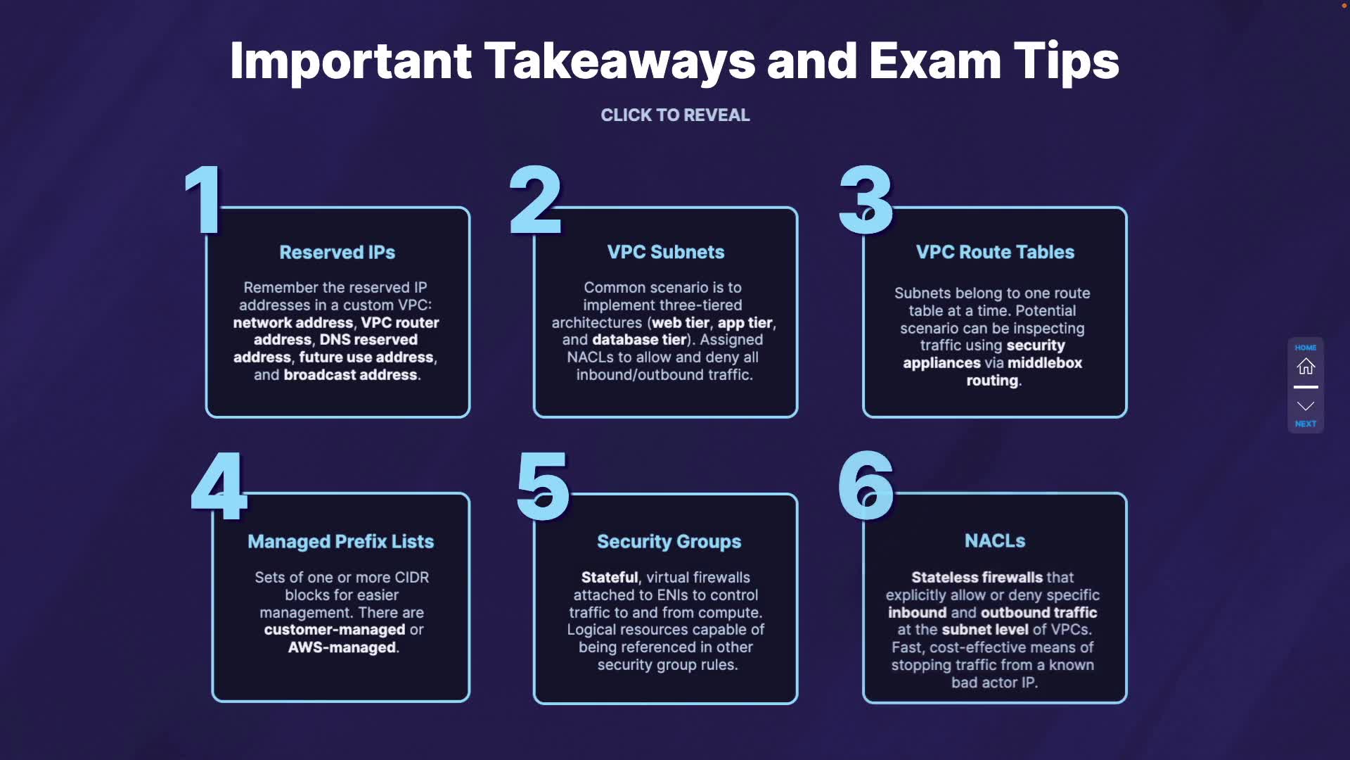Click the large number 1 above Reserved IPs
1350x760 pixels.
tap(204, 201)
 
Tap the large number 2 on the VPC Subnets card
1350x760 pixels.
tap(536, 201)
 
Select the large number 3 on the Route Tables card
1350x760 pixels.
tap(866, 201)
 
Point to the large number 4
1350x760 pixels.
tap(219, 486)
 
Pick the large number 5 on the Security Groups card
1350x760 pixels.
tap(543, 486)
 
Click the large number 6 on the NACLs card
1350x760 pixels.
tap(866, 486)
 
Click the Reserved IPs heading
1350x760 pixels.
tap(337, 253)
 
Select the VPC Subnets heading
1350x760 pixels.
tap(665, 253)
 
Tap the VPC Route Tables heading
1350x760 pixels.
tap(995, 253)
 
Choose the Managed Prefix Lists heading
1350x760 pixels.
tap(340, 542)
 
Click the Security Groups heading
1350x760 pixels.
tap(669, 542)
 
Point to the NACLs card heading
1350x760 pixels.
tap(995, 541)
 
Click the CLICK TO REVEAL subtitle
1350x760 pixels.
tap(675, 115)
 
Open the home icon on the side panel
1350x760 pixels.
tap(1306, 367)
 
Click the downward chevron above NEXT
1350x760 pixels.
tap(1306, 406)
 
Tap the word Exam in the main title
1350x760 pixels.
tap(934, 61)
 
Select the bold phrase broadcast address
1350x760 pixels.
tap(350, 375)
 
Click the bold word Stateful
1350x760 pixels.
tap(610, 578)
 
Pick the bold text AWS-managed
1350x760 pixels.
tap(342, 647)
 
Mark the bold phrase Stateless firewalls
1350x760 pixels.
tap(977, 578)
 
